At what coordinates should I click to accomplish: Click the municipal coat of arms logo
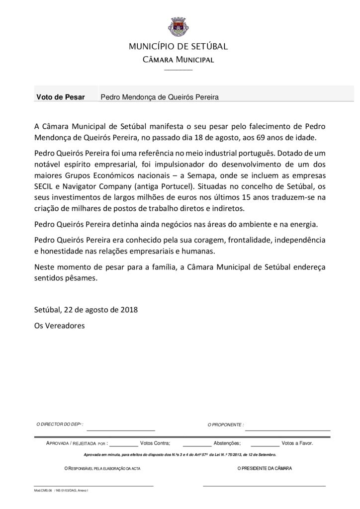[178, 25]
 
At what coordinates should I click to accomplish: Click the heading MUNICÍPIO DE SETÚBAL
[178, 47]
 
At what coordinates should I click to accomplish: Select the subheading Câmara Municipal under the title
[178, 60]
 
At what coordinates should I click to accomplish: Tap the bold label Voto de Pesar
[60, 97]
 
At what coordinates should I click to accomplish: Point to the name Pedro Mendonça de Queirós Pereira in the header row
[160, 97]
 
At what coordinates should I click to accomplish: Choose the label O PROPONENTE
[225, 425]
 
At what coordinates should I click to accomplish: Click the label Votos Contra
[155, 442]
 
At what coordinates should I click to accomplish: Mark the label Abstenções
[227, 442]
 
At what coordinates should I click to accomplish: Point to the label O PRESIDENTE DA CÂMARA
[265, 469]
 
